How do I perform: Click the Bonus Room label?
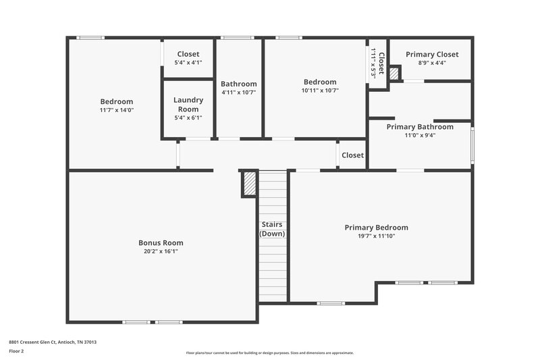[161, 242]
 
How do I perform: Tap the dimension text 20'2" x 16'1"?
[161, 251]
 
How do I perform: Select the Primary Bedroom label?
[376, 228]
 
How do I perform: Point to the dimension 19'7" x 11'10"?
[376, 236]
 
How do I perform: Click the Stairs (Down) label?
[273, 229]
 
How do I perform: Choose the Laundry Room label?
[188, 105]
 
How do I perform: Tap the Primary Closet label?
[432, 54]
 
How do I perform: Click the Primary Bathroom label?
[420, 126]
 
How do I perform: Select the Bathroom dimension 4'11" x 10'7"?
[238, 93]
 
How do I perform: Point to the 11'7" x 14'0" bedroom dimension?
[117, 109]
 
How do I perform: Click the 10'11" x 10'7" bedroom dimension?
[319, 90]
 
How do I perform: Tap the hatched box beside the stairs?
[250, 183]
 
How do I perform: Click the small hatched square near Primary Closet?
[395, 72]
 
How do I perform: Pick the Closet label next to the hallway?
[352, 155]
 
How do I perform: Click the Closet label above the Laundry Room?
[188, 54]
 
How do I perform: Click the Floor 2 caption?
[17, 351]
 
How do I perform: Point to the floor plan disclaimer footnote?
[270, 353]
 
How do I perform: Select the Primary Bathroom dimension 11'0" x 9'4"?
[420, 135]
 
